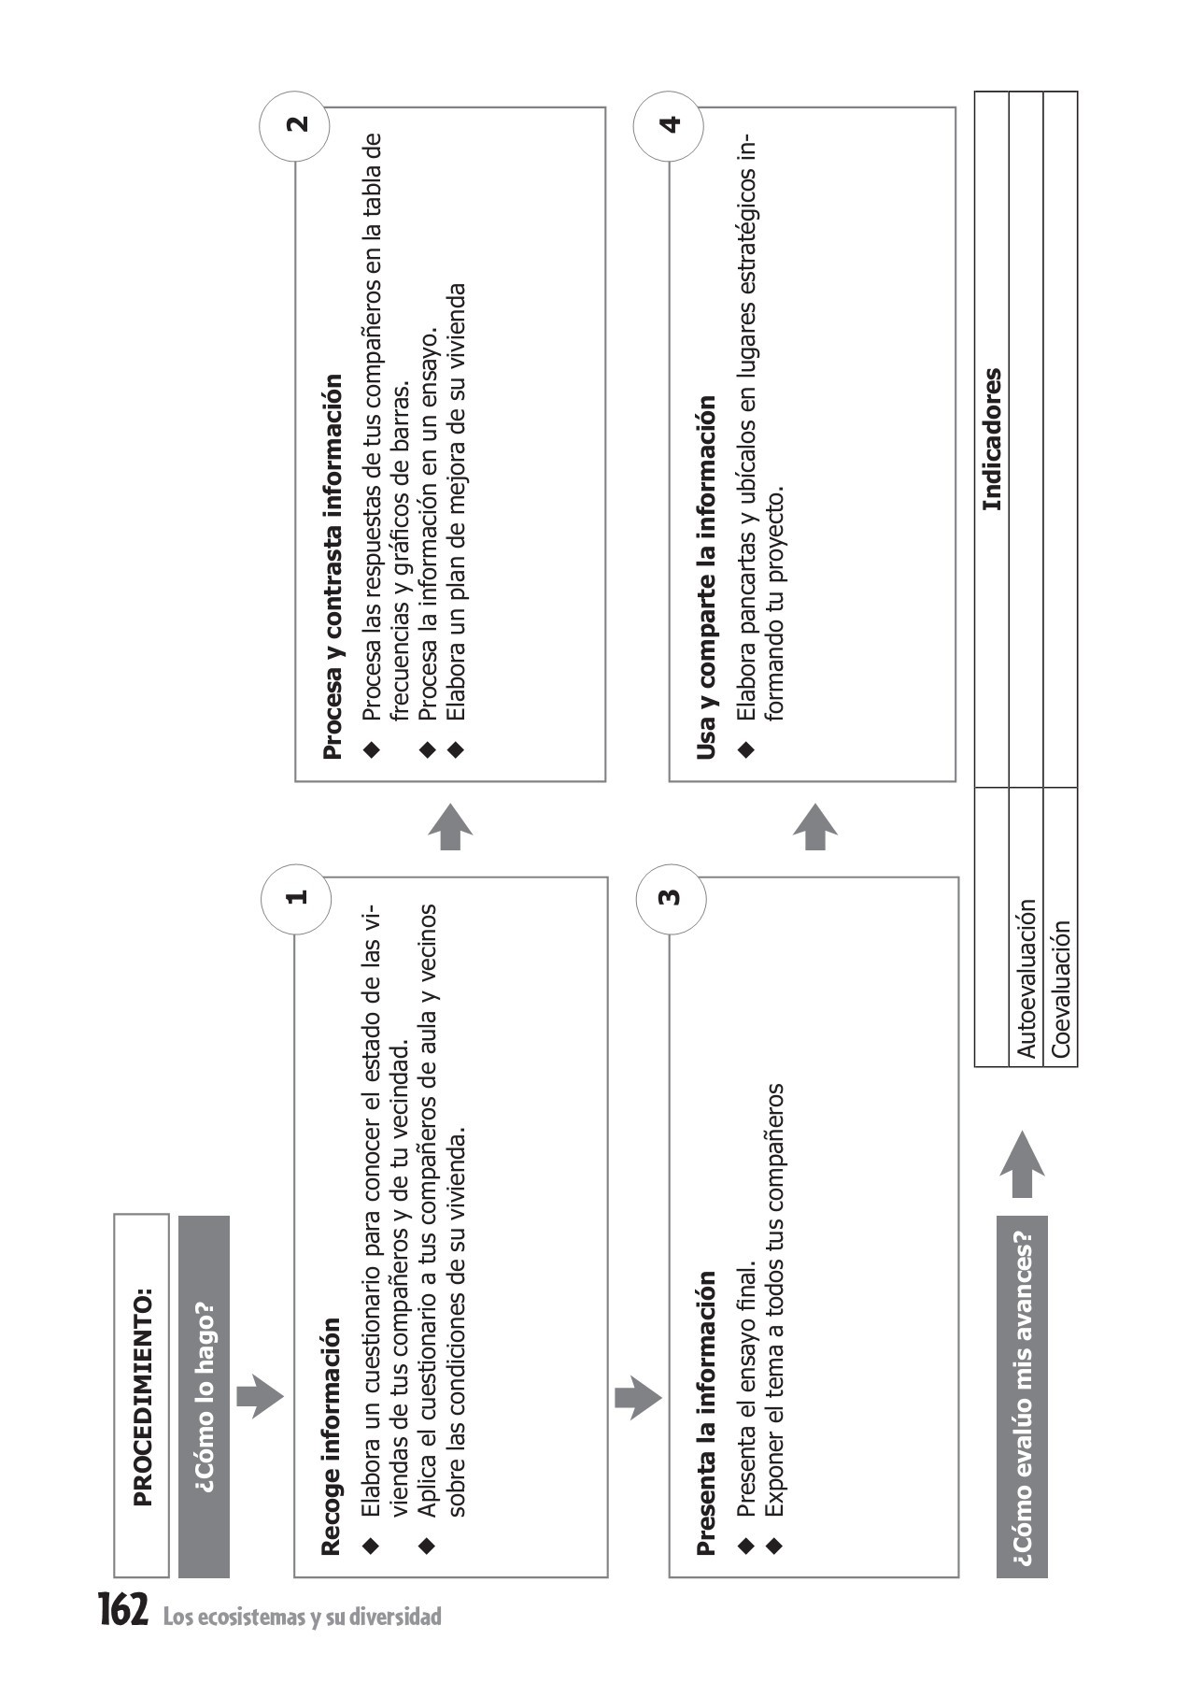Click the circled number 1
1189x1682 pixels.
point(296,898)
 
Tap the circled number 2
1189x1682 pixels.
point(296,125)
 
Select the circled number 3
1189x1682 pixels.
point(670,898)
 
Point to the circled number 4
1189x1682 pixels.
point(670,125)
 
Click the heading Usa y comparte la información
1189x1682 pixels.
point(707,577)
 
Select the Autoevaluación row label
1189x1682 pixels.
point(1026,977)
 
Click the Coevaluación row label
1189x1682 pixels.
point(1060,989)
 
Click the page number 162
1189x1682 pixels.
point(123,1609)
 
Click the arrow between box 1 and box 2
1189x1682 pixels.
point(451,827)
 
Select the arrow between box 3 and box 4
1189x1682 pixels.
point(815,827)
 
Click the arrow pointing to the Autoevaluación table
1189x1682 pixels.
point(1022,1163)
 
